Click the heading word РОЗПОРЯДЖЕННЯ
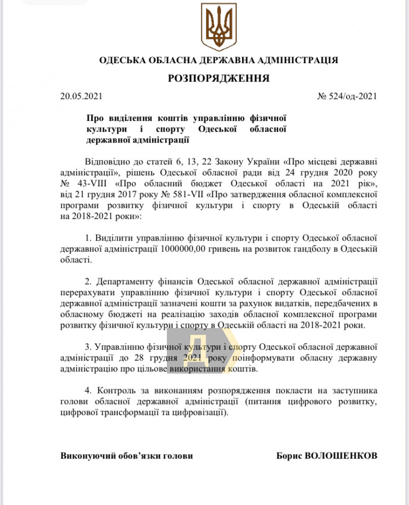pos(218,78)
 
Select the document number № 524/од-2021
pos(347,96)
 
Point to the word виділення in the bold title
pos(127,118)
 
